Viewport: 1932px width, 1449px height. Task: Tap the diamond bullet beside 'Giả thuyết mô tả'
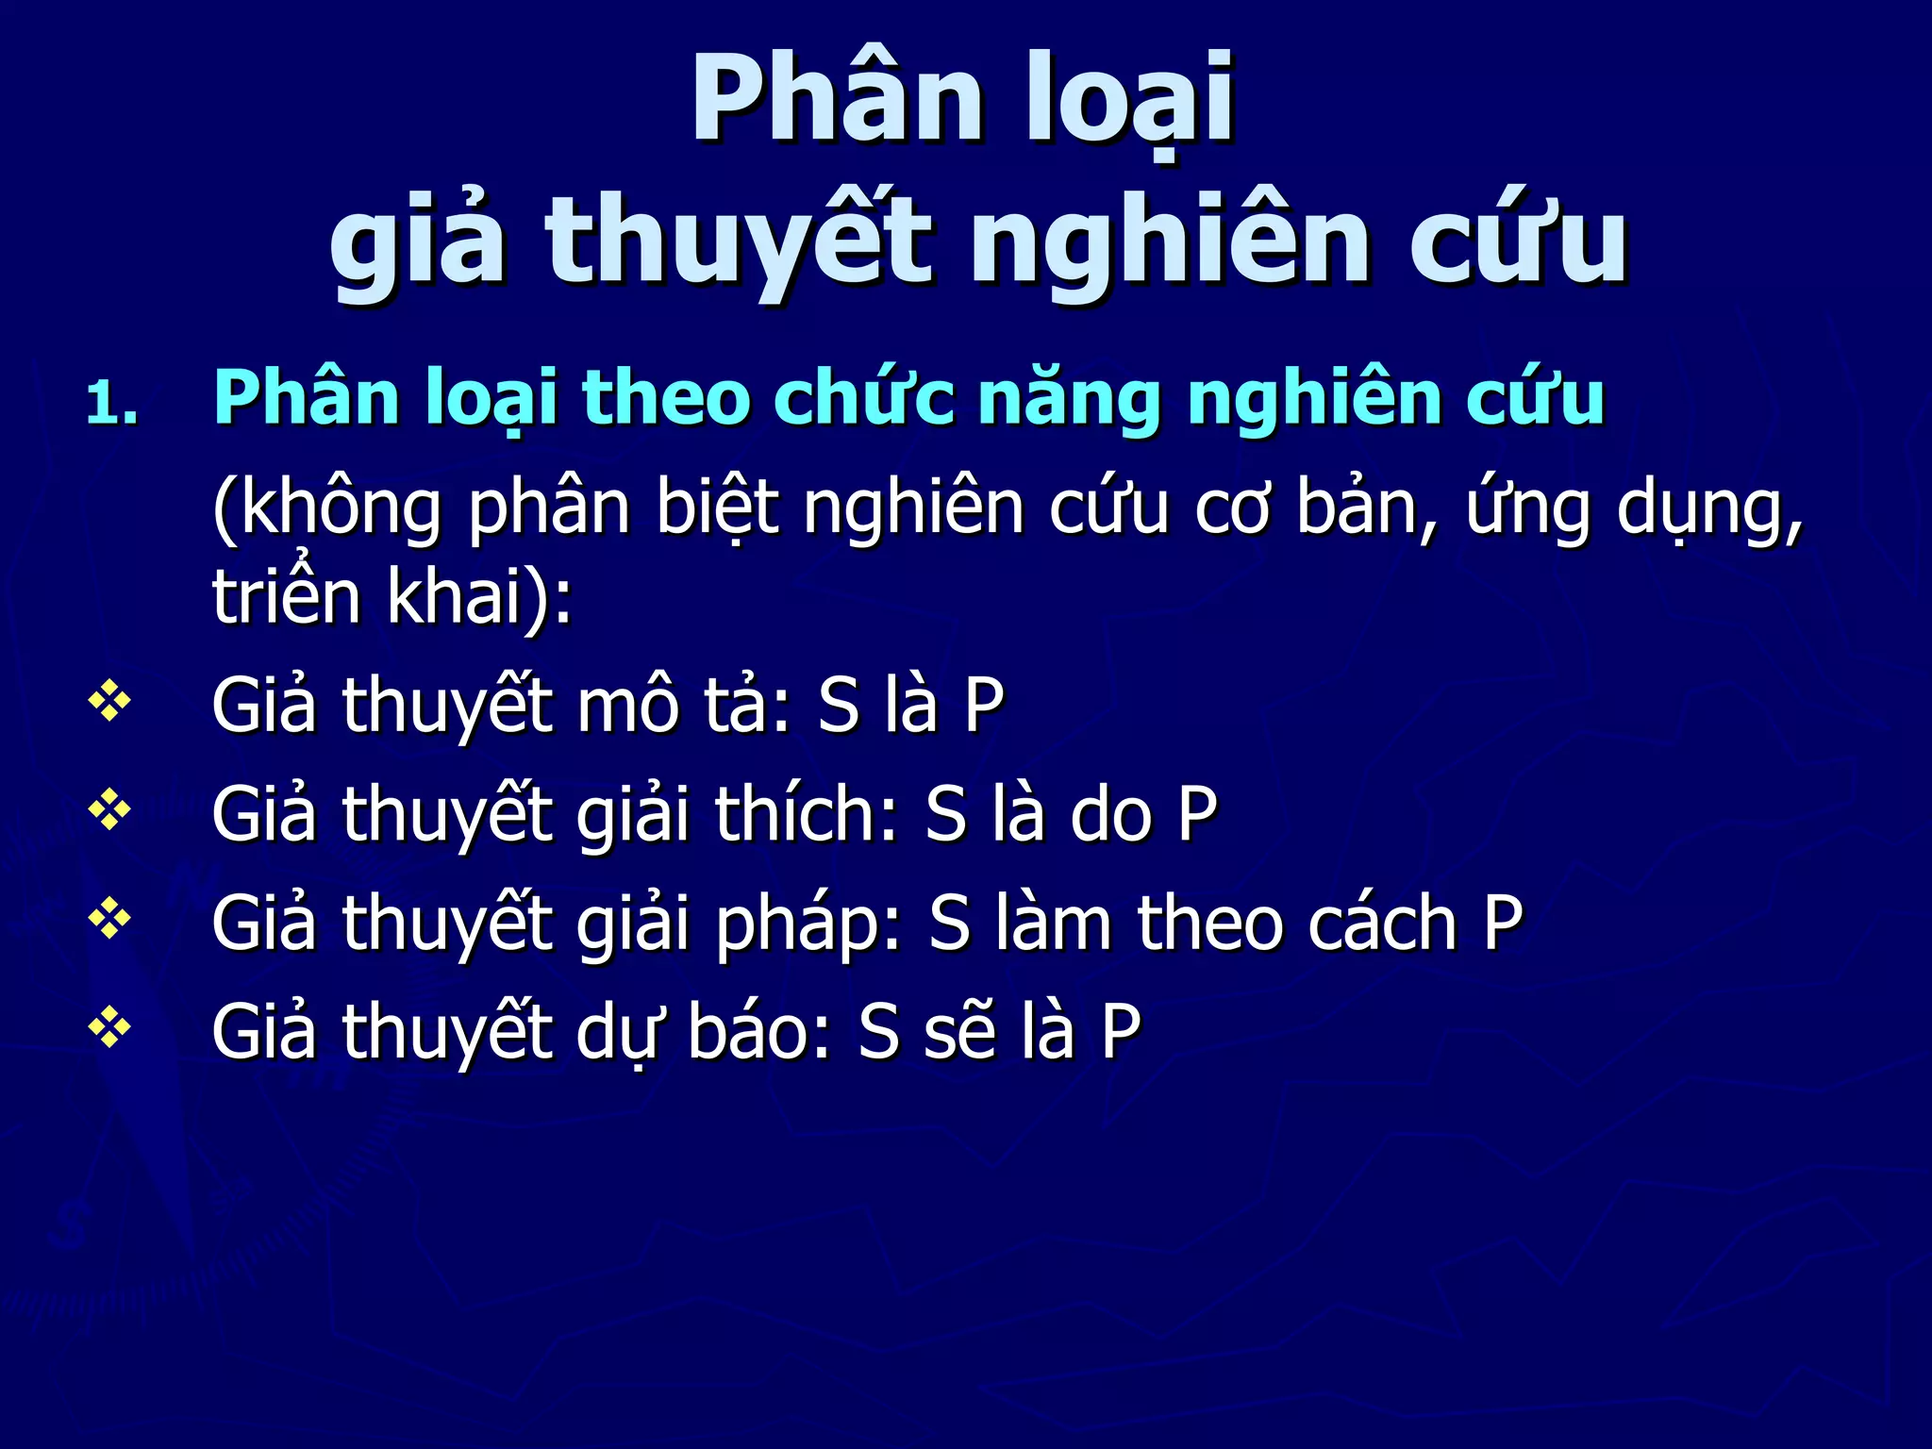pos(109,703)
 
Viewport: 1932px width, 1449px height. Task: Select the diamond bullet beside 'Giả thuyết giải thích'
pos(109,811)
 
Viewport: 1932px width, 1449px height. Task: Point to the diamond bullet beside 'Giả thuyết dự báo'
pos(109,1028)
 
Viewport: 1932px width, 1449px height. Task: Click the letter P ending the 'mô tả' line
pos(983,706)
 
